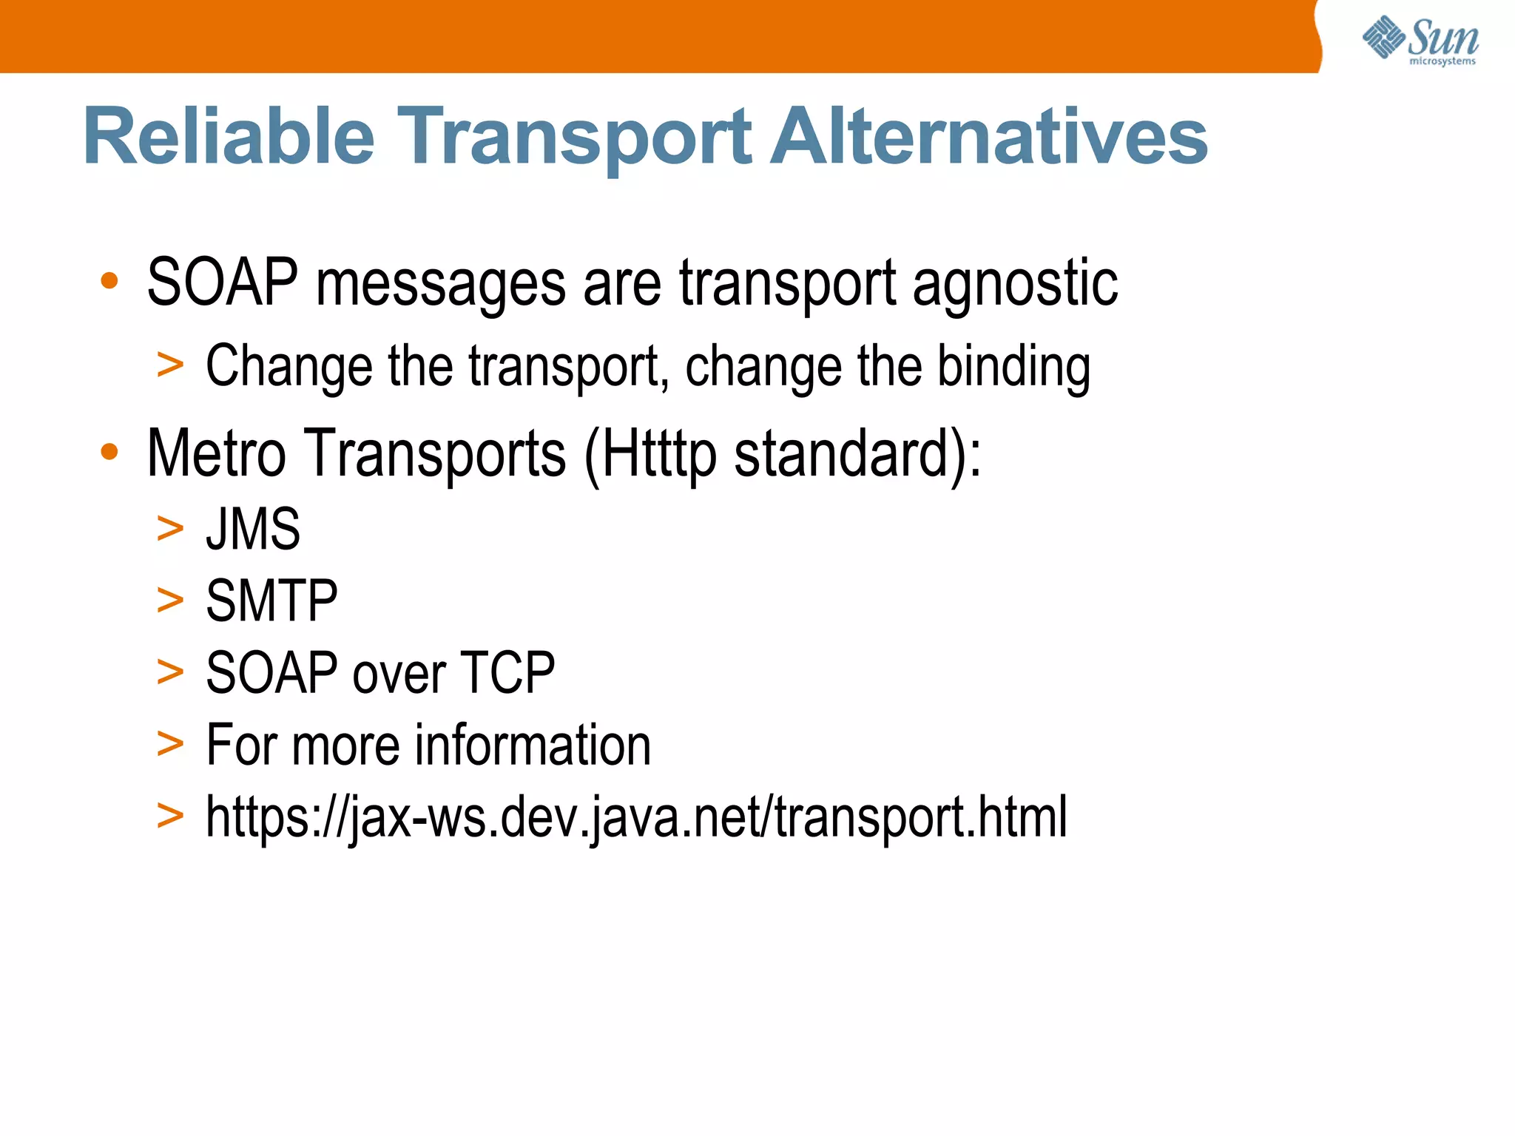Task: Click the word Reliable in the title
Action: tap(229, 137)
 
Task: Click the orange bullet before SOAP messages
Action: tap(109, 281)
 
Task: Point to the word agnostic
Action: tap(1015, 284)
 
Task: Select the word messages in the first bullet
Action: tap(441, 284)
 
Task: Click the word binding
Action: tap(1013, 367)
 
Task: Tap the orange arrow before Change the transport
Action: tap(170, 365)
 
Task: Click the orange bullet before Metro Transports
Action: tap(109, 451)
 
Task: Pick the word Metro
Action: tap(216, 453)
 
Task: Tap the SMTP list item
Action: tap(271, 601)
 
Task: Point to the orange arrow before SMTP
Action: tap(170, 600)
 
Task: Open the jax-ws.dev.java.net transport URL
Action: tap(636, 817)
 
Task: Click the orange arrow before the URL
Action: tap(170, 816)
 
